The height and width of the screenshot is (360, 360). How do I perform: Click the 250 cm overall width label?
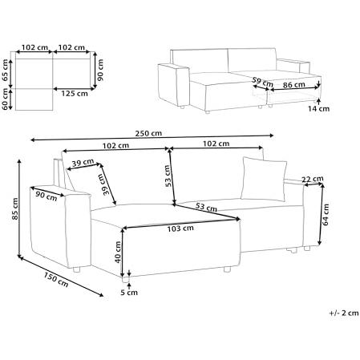[x=148, y=133]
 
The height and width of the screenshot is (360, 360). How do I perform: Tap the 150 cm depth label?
[x=56, y=279]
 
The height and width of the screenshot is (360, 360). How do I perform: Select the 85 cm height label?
[x=15, y=209]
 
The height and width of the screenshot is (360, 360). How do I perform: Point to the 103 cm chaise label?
[x=180, y=229]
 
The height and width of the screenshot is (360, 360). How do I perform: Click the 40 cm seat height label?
[x=118, y=252]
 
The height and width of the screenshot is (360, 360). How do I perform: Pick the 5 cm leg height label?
[x=129, y=293]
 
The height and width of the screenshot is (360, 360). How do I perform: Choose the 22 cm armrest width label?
[x=313, y=179]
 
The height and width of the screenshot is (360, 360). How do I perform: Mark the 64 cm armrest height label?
[x=326, y=215]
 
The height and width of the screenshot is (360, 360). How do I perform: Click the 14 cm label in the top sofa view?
[x=318, y=109]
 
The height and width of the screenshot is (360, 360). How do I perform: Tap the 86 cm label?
[x=294, y=85]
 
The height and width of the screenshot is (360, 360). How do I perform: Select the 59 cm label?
[x=263, y=82]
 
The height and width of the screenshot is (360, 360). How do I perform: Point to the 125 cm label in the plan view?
[x=75, y=94]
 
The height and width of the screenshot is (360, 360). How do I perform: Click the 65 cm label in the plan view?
[x=5, y=71]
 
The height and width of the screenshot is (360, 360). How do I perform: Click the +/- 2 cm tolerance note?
[x=344, y=313]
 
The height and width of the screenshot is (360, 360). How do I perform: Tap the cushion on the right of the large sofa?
[x=264, y=179]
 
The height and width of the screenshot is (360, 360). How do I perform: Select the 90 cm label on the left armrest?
[x=47, y=196]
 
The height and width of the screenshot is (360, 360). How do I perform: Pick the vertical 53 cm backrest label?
[x=168, y=176]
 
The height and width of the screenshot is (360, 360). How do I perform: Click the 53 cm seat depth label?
[x=206, y=207]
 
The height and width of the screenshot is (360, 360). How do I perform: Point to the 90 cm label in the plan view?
[x=100, y=70]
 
